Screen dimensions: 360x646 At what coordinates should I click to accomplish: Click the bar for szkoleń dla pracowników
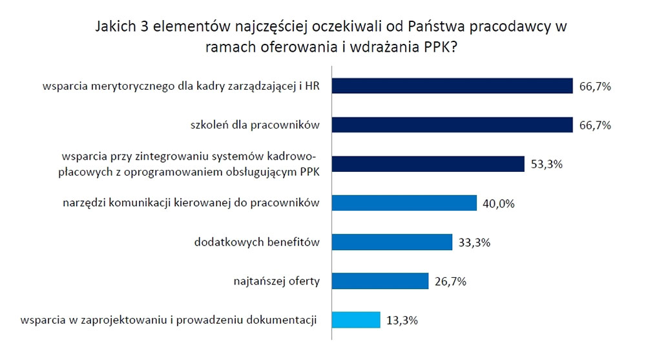(452, 125)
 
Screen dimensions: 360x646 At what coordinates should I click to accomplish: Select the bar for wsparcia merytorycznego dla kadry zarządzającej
(452, 86)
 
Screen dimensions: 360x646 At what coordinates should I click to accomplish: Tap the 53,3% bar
(427, 164)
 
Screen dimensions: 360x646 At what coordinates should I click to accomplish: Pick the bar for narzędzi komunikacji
(404, 203)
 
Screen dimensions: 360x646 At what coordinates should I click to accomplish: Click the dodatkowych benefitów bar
(391, 242)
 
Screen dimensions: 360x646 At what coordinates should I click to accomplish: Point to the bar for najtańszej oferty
(380, 281)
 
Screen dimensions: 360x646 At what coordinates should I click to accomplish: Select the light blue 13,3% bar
(356, 320)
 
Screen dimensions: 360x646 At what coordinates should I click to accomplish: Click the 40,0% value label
(499, 204)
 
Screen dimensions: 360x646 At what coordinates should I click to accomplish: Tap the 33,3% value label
(474, 243)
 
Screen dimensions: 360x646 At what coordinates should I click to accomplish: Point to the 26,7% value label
(451, 282)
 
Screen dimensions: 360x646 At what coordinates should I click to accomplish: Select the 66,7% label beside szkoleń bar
(596, 125)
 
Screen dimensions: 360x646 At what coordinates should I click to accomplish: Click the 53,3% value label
(547, 164)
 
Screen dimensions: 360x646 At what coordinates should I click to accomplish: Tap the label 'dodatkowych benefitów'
(258, 242)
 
